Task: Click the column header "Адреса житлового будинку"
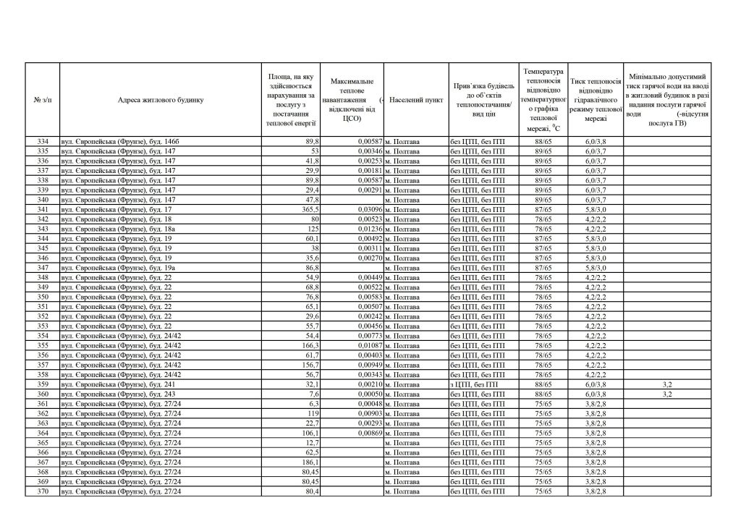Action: [x=161, y=100]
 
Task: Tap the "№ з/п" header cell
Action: [x=43, y=100]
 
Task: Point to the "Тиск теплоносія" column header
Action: [x=596, y=100]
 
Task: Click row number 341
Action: [x=43, y=209]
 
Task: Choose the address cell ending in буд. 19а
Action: [x=116, y=268]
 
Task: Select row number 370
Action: [x=43, y=492]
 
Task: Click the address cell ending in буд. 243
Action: [x=116, y=394]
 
